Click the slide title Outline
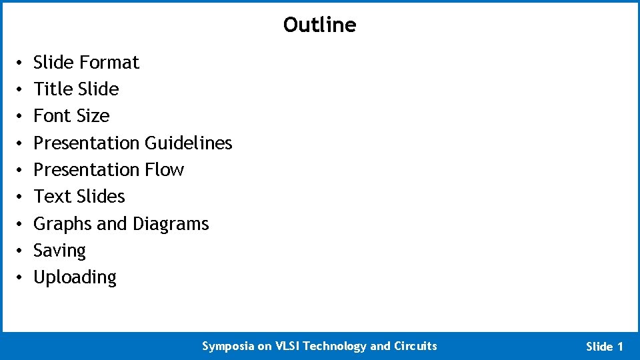coord(319,25)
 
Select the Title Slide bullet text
coord(76,89)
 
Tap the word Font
coord(51,116)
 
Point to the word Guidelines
coord(189,143)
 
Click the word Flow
coord(164,170)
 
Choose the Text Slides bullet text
coord(79,197)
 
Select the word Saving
coord(59,251)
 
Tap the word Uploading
coord(75,277)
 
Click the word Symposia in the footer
coord(228,346)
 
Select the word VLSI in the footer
coord(287,346)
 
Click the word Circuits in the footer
coord(415,346)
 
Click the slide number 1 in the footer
coord(621,347)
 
